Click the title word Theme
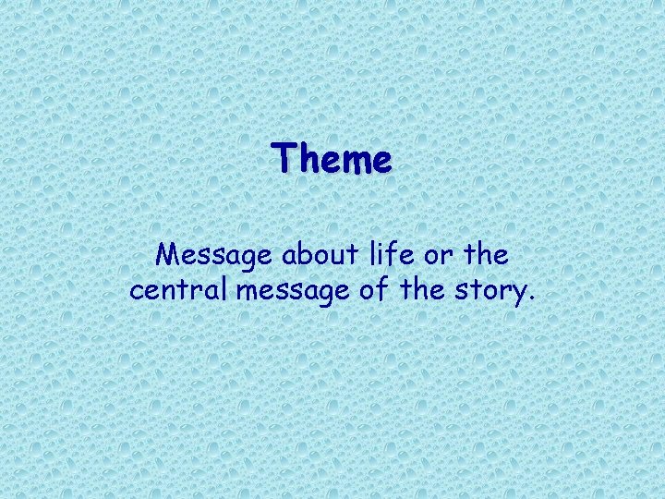(332, 159)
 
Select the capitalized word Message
(212, 254)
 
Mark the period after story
(531, 298)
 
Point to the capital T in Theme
(282, 158)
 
